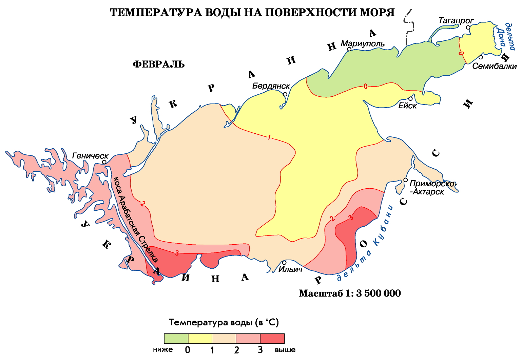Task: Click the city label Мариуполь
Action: pos(363,44)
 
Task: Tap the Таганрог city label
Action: pos(456,21)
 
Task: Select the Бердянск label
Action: pos(271,86)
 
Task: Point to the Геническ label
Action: pos(90,156)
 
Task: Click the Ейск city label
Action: pos(407,106)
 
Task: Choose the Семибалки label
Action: pos(494,66)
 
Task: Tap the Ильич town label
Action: pos(290,269)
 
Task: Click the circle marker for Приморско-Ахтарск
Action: pos(405,180)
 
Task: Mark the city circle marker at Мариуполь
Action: pos(349,49)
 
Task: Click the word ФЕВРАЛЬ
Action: pos(158,64)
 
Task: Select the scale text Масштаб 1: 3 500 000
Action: pos(350,293)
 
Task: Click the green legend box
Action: pos(176,339)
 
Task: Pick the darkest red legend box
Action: pos(272,339)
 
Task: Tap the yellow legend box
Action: pos(200,339)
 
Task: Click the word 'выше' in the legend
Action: pos(285,350)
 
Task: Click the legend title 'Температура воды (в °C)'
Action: pos(224,322)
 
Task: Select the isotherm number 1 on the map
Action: pos(269,137)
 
